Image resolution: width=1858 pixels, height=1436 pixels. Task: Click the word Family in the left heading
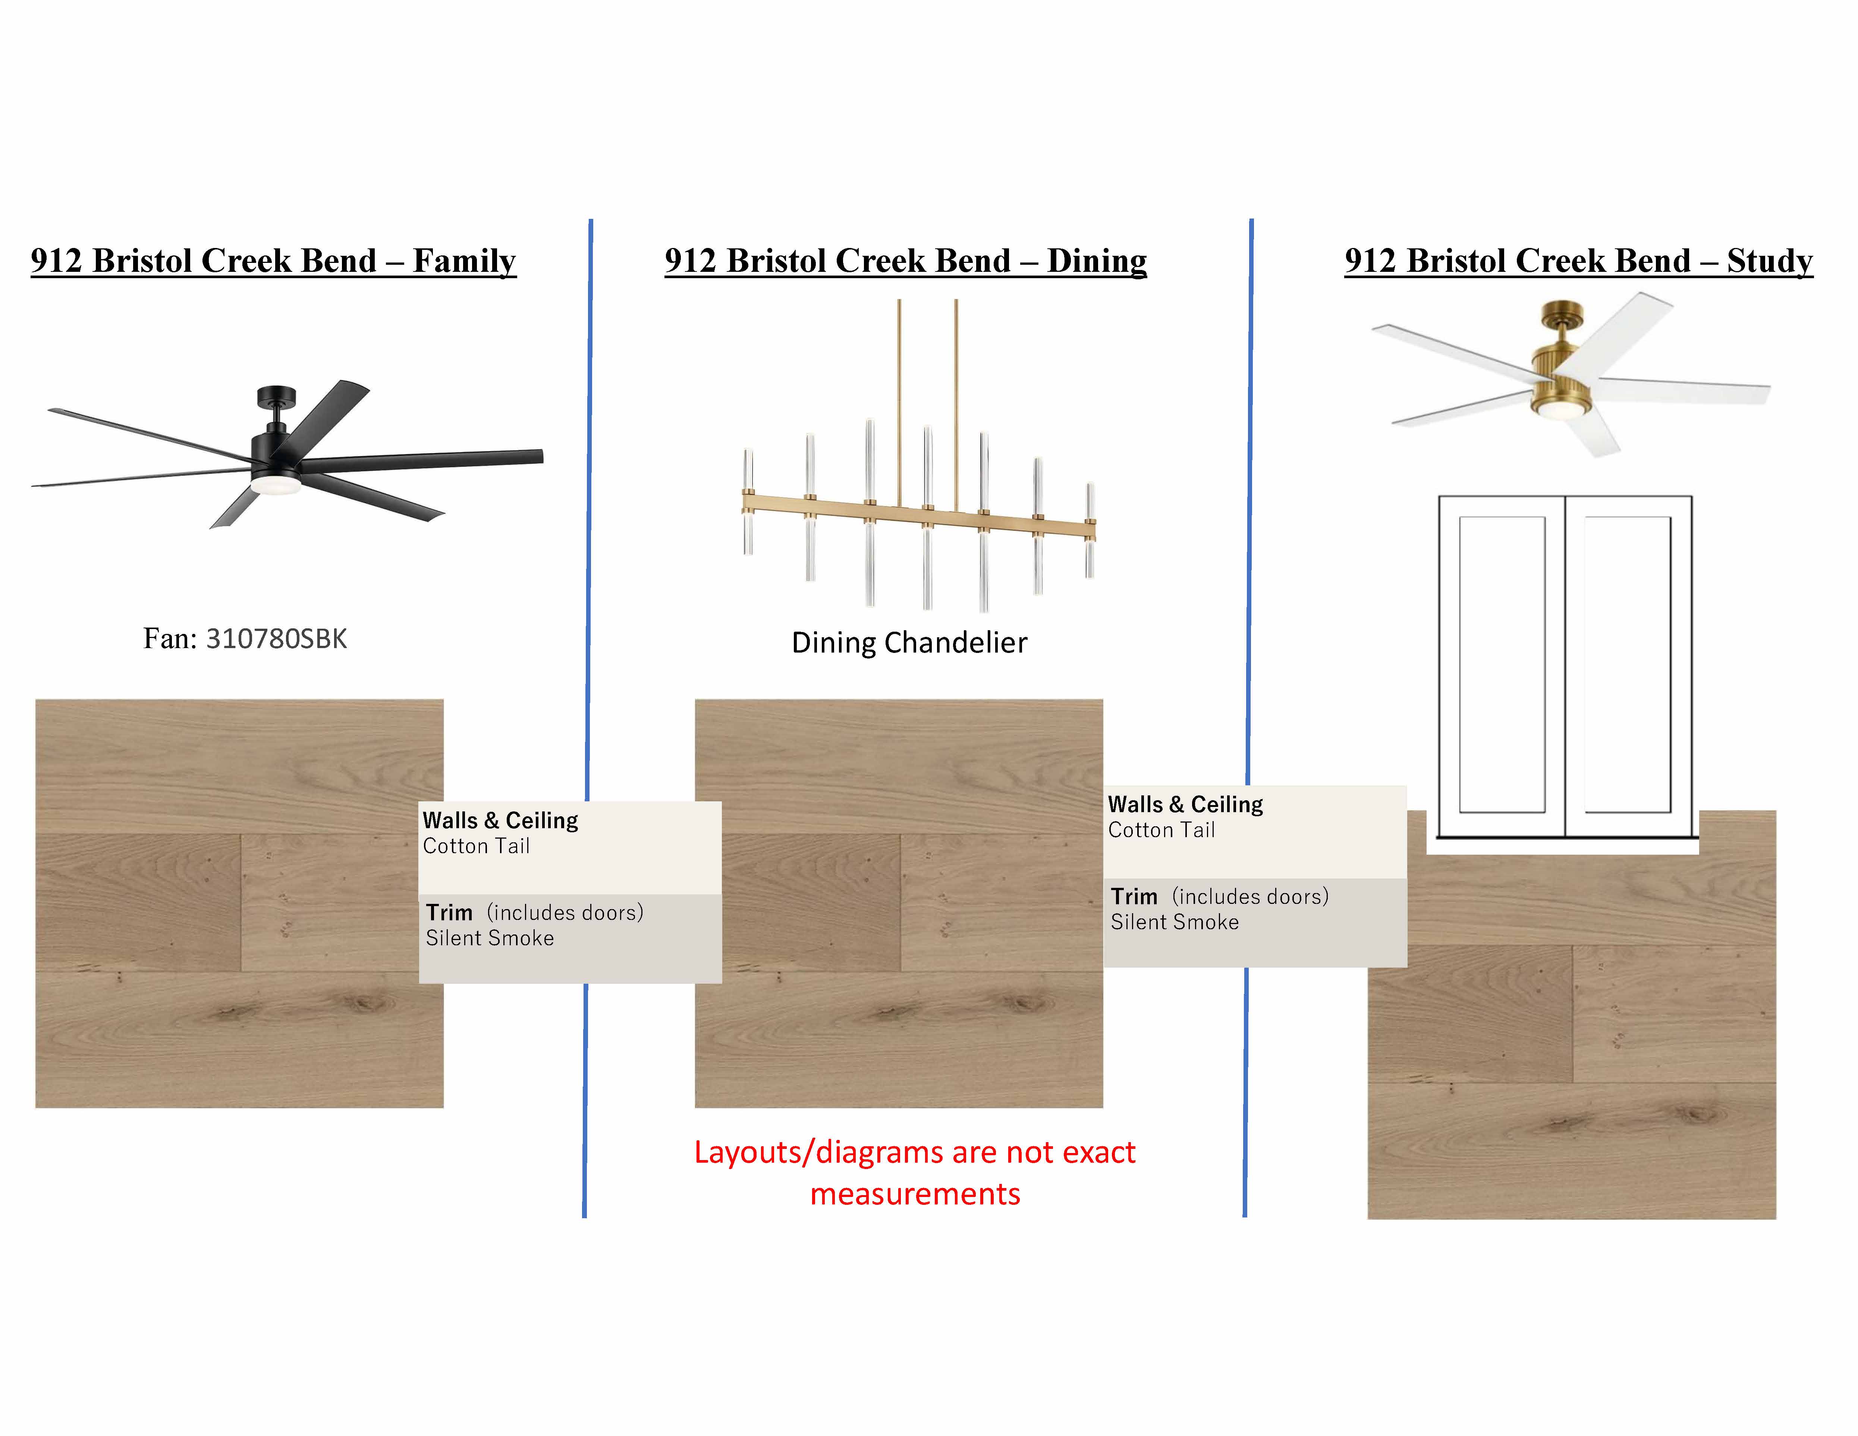(465, 260)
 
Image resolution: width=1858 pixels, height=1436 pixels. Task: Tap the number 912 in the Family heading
(56, 260)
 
